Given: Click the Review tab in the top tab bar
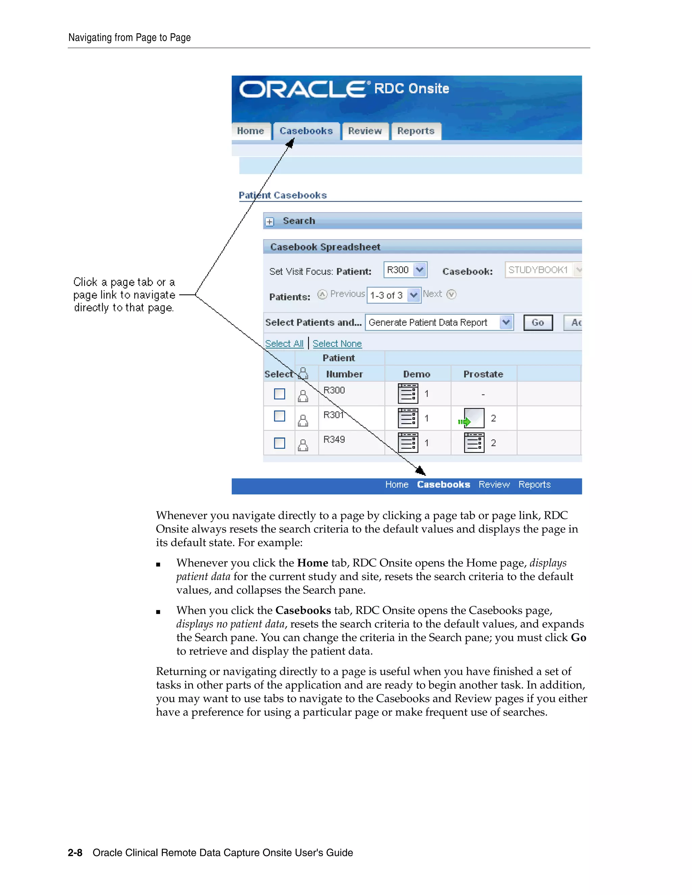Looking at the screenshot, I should pyautogui.click(x=365, y=131).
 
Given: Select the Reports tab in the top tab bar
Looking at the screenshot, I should pyautogui.click(x=415, y=131).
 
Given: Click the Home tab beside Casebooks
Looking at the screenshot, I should pyautogui.click(x=250, y=131).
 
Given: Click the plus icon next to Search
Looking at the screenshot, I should pyautogui.click(x=269, y=222).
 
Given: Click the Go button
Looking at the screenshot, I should pyautogui.click(x=538, y=323).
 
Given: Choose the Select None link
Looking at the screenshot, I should pyautogui.click(x=337, y=343).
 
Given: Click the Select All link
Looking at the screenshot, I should pyautogui.click(x=284, y=343).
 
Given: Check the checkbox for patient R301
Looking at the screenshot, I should pyautogui.click(x=279, y=416).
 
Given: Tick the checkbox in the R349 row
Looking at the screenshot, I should pyautogui.click(x=279, y=443).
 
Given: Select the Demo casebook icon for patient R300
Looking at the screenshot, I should pyautogui.click(x=408, y=394).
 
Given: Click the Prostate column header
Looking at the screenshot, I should pyautogui.click(x=483, y=374).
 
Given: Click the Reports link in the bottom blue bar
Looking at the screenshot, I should pyautogui.click(x=534, y=485).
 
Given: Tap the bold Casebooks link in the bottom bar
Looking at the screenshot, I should pyautogui.click(x=443, y=485).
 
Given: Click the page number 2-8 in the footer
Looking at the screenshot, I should pyautogui.click(x=75, y=853).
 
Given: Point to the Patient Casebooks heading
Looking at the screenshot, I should pyautogui.click(x=282, y=196).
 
